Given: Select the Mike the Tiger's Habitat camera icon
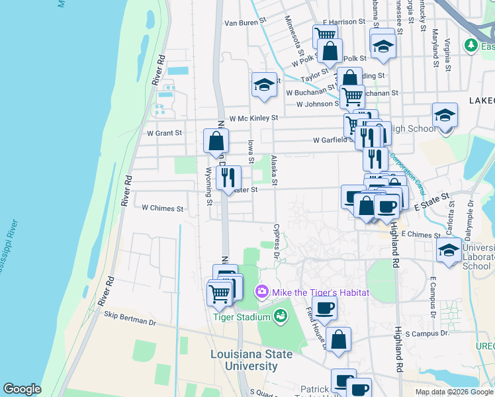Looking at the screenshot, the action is (x=262, y=292).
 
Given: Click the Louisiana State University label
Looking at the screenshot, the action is (x=251, y=360).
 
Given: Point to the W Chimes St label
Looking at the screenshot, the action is (x=162, y=208).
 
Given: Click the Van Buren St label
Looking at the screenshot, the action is (x=245, y=23).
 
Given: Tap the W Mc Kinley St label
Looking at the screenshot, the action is (x=253, y=118).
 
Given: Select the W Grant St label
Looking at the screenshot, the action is (x=164, y=133).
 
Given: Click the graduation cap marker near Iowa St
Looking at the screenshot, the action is (x=263, y=85).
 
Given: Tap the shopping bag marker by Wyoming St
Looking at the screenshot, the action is (x=216, y=141).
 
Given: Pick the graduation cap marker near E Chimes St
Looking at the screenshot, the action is (x=449, y=251).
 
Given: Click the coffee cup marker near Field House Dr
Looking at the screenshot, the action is (x=324, y=308).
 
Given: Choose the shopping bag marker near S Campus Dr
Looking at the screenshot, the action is (x=338, y=339).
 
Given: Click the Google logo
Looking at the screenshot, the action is (x=22, y=389).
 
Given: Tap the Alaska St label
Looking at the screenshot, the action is (x=275, y=170).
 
